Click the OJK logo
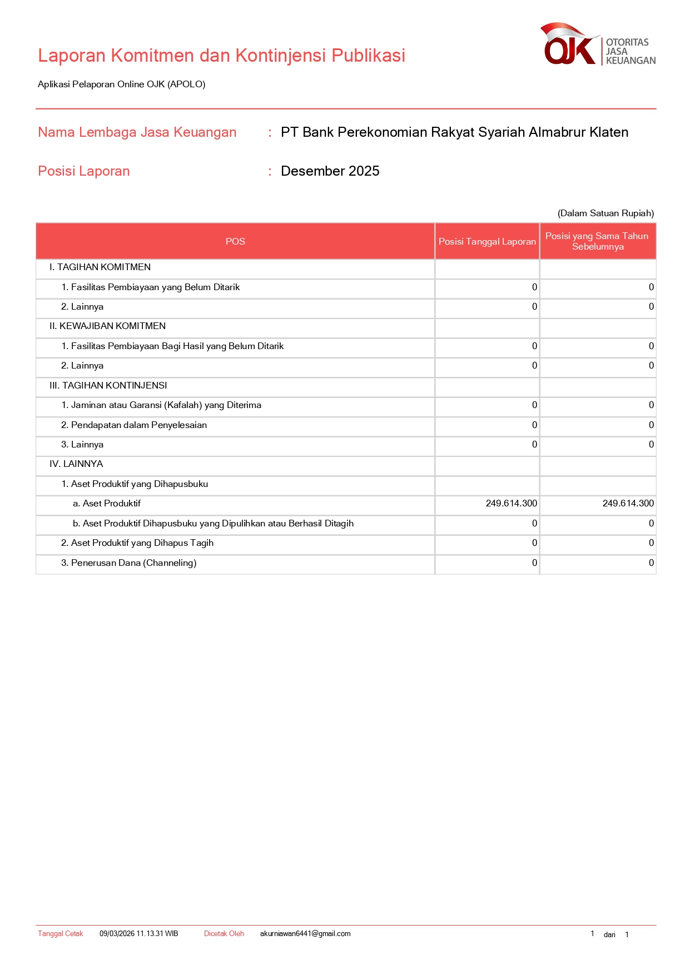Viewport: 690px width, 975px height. [x=597, y=44]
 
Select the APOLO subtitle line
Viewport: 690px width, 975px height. [x=121, y=84]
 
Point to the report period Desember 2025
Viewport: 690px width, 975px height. [x=330, y=171]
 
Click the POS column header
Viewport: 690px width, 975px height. [x=235, y=242]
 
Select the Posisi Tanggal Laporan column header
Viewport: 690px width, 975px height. [x=487, y=242]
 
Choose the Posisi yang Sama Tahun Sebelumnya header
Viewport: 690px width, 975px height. [x=597, y=242]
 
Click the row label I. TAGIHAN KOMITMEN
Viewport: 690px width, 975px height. [x=100, y=267]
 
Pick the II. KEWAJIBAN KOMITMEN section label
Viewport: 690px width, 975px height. [x=107, y=326]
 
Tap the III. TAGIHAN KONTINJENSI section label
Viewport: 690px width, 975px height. [x=108, y=386]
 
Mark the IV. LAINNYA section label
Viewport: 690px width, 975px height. [x=76, y=464]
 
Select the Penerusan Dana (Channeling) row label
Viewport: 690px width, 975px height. [x=128, y=563]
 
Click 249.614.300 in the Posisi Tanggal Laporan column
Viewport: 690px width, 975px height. [x=511, y=504]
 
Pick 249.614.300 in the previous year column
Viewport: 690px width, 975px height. [x=628, y=504]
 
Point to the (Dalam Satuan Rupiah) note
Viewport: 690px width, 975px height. [x=605, y=213]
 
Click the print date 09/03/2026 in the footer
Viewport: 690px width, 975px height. [x=138, y=934]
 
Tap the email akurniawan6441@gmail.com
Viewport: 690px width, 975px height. [x=305, y=934]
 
